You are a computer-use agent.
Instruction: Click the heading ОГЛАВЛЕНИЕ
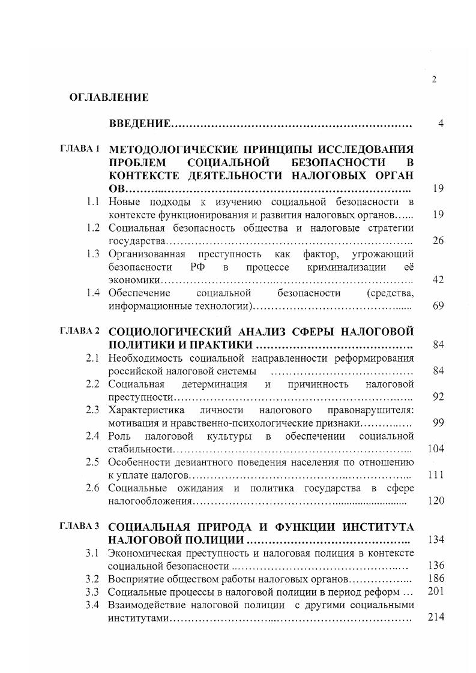[x=109, y=97]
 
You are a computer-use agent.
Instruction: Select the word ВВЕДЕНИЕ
[x=139, y=124]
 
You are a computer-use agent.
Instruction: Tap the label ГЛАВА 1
[x=80, y=148]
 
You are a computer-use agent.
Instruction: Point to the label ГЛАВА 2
[x=80, y=331]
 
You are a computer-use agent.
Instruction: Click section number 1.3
[x=92, y=254]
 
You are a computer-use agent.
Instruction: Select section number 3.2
[x=92, y=579]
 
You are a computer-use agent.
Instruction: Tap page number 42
[x=438, y=280]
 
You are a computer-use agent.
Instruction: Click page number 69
[x=438, y=307]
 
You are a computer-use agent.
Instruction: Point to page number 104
[x=435, y=449]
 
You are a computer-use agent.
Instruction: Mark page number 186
[x=435, y=579]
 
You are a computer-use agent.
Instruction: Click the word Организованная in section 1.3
[x=143, y=254]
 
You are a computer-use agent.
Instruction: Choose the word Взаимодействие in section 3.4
[x=145, y=605]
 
